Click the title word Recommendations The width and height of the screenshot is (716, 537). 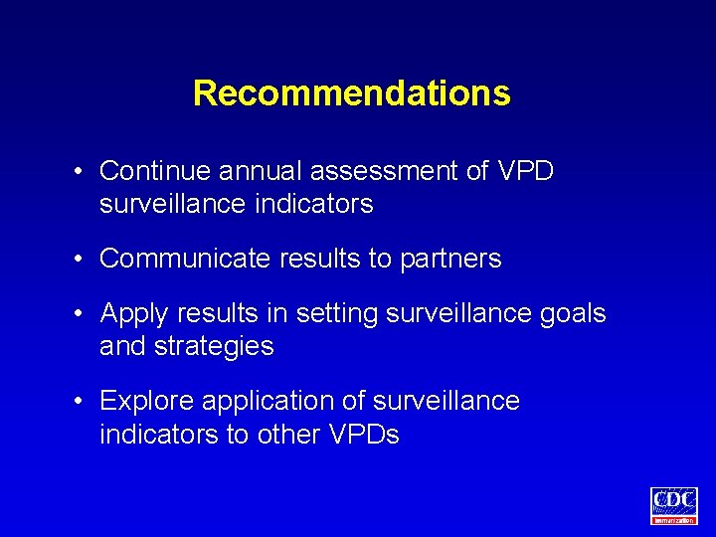[x=351, y=93]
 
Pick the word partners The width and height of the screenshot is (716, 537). [x=450, y=260]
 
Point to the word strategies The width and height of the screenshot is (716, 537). [x=214, y=347]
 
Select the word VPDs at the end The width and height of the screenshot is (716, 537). [x=363, y=435]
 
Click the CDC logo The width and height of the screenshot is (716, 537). [x=673, y=504]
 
